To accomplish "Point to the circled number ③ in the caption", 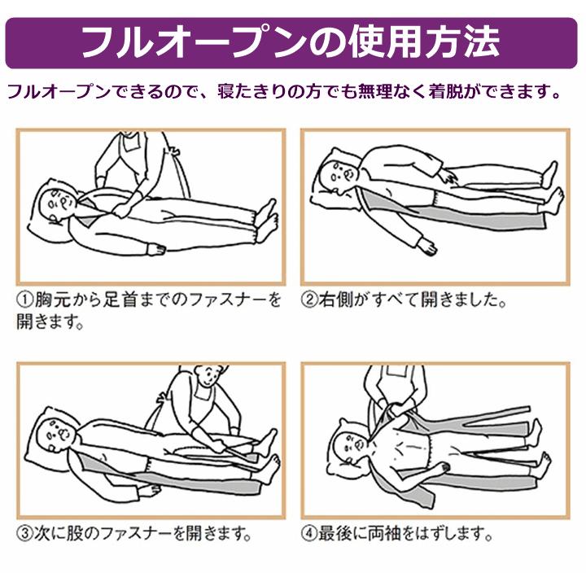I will coord(24,535).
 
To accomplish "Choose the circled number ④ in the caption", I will coord(310,535).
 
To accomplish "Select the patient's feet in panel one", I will coord(265,215).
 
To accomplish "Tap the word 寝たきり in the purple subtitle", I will coord(249,90).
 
